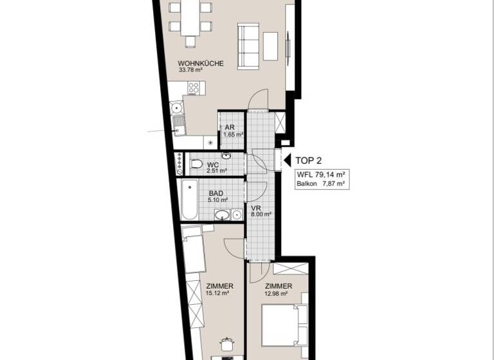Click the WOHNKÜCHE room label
coord(201,63)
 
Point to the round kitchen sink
coord(176,108)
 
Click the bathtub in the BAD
coord(188,199)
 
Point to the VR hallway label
coord(255,208)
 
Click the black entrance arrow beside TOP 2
coord(287,161)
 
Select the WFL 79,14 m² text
coord(321,174)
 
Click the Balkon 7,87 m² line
coord(321,184)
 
